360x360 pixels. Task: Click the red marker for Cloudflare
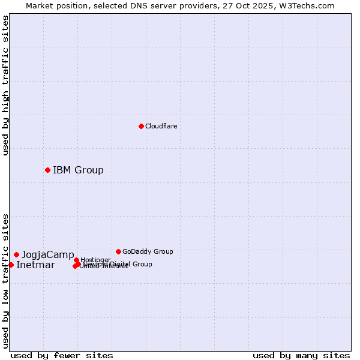[x=141, y=126]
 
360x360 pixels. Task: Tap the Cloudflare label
[x=161, y=126]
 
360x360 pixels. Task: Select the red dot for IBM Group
[x=47, y=170]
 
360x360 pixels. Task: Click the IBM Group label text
[x=78, y=170]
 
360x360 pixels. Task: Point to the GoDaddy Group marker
[x=118, y=251]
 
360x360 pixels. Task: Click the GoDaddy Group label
[x=148, y=251]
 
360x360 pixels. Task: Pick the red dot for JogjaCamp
[x=16, y=254]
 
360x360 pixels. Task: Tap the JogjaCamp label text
[x=48, y=254]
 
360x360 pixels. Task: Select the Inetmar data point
[x=11, y=265]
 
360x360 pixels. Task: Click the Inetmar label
[x=35, y=265]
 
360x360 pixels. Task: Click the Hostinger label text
[x=95, y=260]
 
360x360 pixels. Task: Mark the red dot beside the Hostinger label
[x=76, y=260]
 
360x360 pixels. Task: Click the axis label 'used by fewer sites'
[x=62, y=355]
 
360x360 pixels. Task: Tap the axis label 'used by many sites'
[x=301, y=355]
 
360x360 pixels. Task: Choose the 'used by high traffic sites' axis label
[x=5, y=85]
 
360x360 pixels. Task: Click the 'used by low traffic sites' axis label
[x=5, y=280]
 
